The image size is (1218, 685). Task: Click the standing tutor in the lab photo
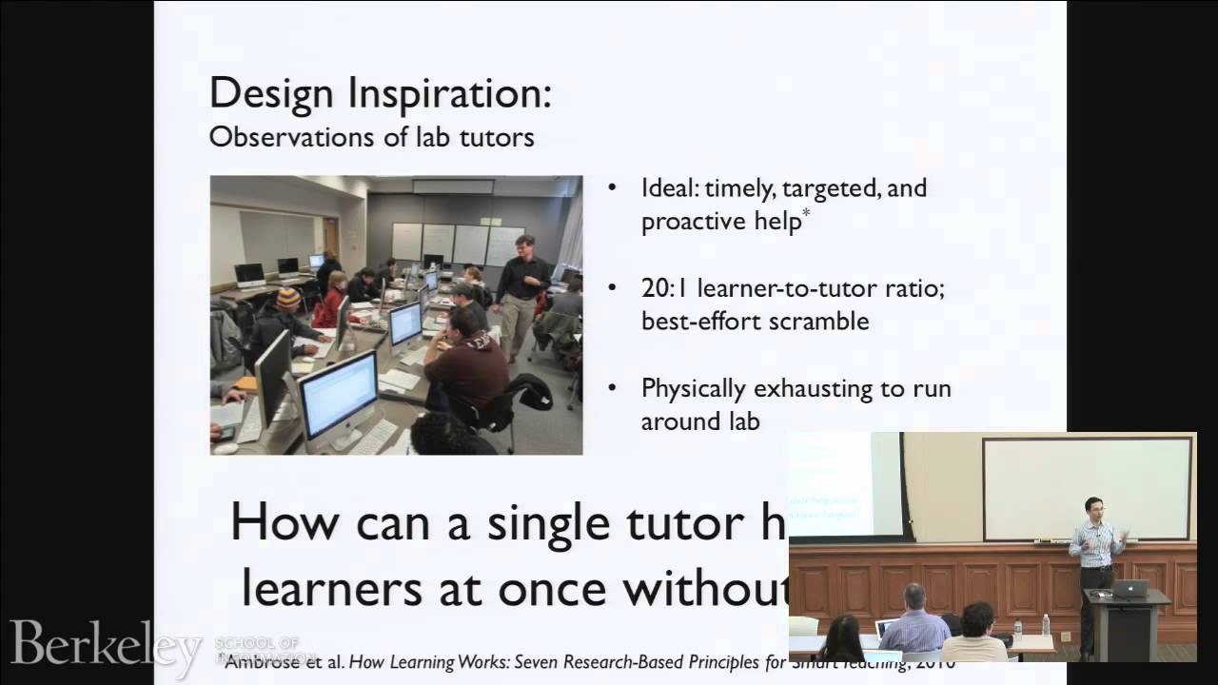520,290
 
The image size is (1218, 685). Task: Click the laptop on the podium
1130,588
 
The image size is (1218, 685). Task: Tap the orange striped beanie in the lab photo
288,299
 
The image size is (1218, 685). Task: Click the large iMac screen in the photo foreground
338,393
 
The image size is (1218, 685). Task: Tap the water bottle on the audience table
1045,624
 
